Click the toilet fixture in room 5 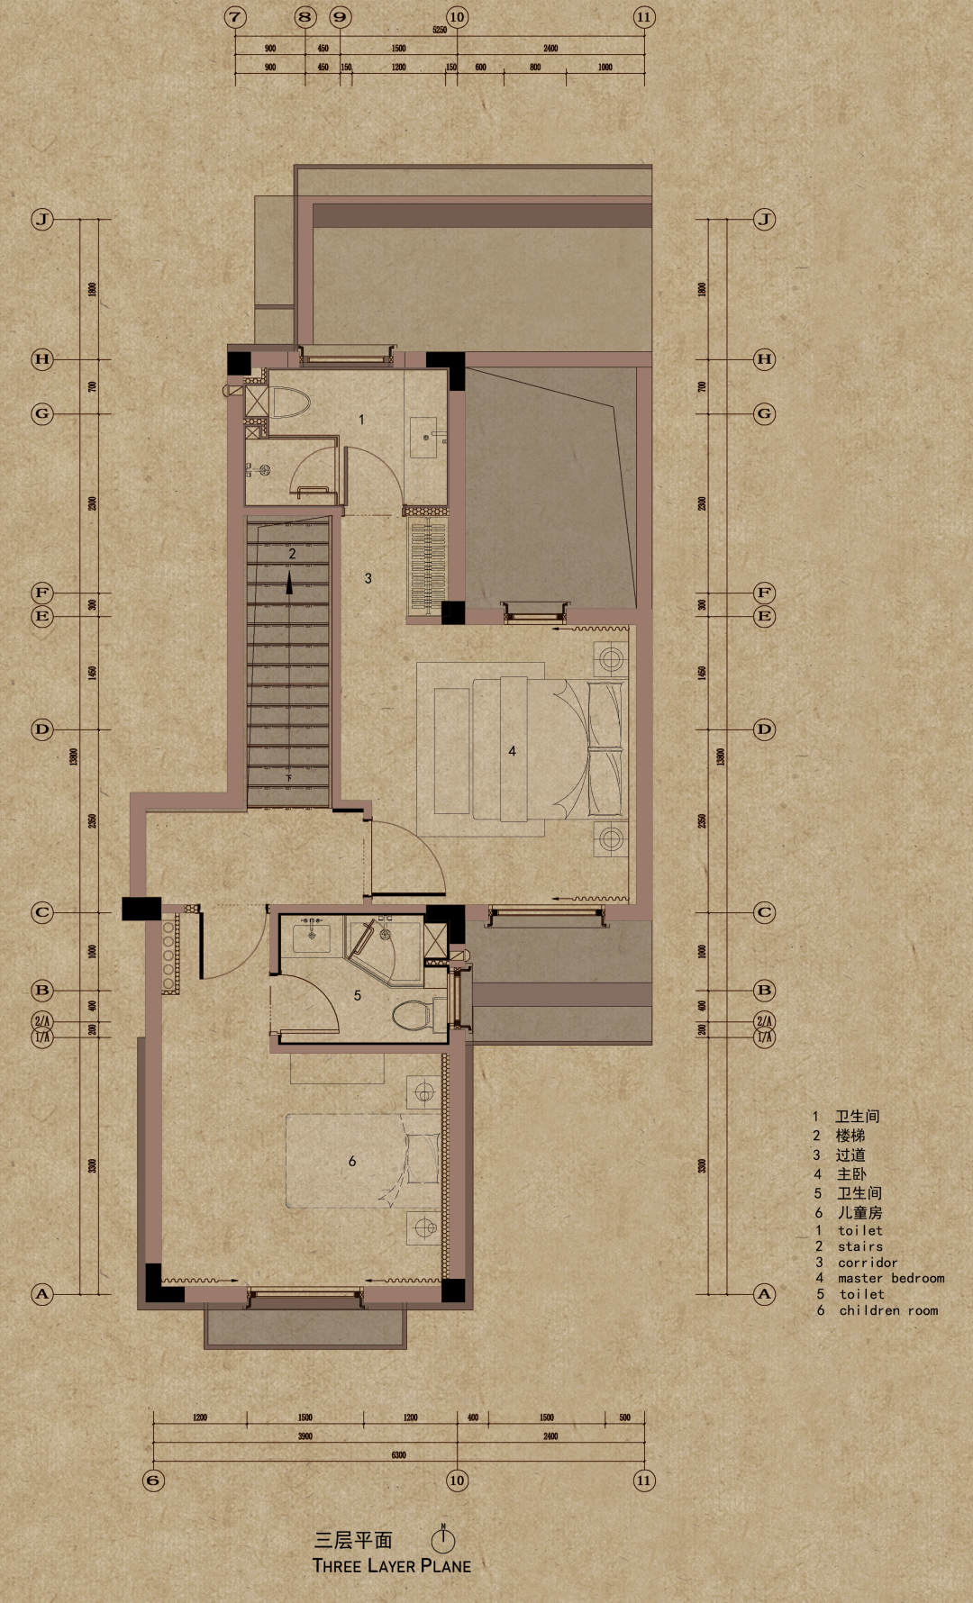[413, 1016]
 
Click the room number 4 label [512, 750]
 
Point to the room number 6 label [352, 1162]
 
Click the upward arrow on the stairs [289, 584]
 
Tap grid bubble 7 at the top [235, 17]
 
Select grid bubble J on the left [42, 220]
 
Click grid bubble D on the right [764, 729]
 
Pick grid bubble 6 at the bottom [154, 1481]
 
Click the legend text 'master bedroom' [890, 1278]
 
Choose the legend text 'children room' [888, 1310]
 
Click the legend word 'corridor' [867, 1263]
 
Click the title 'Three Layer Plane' [391, 1566]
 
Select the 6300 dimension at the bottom [398, 1454]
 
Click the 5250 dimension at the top [440, 30]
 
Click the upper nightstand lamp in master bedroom [611, 658]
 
